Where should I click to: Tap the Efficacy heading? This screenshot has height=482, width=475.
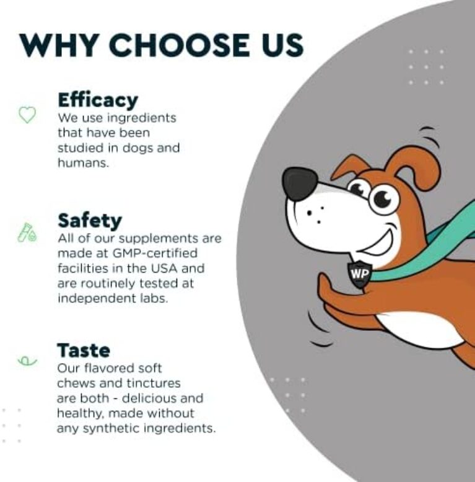click(x=97, y=99)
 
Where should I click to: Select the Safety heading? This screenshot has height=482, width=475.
click(x=89, y=220)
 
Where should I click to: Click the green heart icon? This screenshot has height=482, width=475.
click(x=27, y=115)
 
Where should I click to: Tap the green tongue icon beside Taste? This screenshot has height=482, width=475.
click(x=27, y=360)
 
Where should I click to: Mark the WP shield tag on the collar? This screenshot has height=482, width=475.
click(x=359, y=273)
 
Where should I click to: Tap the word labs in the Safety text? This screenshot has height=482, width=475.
click(x=155, y=298)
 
